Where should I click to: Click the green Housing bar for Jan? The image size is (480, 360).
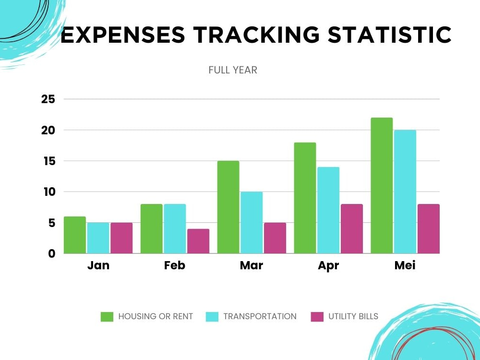(75, 235)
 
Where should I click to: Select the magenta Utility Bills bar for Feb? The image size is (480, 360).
(198, 241)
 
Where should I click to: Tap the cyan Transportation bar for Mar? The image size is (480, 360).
(252, 223)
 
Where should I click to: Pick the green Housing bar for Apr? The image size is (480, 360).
(305, 198)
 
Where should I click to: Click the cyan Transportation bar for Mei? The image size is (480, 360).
(405, 192)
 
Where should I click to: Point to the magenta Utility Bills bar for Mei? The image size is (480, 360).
(429, 228)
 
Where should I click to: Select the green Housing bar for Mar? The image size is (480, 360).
(228, 207)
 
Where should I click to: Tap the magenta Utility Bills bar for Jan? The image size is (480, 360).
(121, 238)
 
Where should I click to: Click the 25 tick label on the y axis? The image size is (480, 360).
(48, 99)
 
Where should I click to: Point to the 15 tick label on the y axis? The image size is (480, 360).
(49, 161)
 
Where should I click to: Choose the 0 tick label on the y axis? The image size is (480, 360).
(52, 253)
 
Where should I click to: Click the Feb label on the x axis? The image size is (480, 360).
(175, 265)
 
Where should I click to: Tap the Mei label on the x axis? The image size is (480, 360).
(405, 265)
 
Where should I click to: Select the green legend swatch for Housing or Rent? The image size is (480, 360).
(107, 316)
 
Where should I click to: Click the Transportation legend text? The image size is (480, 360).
(260, 316)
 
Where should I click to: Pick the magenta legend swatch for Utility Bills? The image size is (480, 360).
(317, 316)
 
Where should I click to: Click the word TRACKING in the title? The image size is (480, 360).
(256, 34)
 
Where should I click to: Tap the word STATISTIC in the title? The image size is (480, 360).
(390, 34)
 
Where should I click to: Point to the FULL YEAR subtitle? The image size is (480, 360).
(233, 70)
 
